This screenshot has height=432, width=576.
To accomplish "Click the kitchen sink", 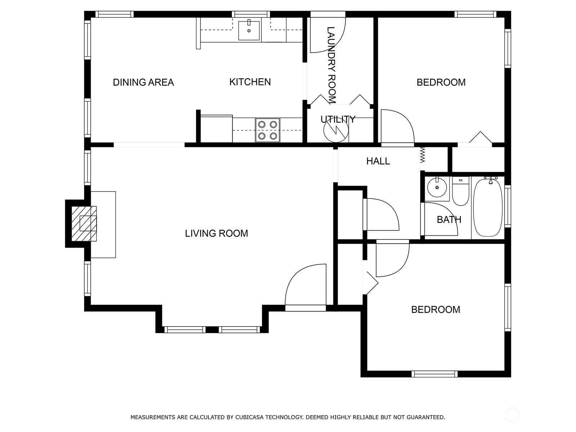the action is point(249,31).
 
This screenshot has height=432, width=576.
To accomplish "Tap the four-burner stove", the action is point(267,130).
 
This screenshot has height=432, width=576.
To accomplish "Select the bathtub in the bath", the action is point(488,207).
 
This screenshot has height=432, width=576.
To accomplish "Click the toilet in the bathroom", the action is point(460,191).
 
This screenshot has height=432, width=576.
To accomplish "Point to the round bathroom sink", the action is point(437,188).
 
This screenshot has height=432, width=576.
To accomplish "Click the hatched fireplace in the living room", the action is point(84,224).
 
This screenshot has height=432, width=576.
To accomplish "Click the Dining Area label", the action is point(143,82).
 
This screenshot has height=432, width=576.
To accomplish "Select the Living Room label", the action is point(216,233).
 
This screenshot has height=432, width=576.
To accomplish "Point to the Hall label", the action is point(378,161).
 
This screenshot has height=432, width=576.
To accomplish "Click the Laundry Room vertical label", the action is point(331,65).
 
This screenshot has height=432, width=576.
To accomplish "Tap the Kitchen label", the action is point(250,82).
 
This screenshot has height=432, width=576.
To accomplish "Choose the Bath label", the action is point(449,220).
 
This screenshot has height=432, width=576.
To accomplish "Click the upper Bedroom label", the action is point(441,82).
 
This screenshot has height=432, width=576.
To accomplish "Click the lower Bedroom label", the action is point(435,310).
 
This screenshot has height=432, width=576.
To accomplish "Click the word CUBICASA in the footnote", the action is point(250,417).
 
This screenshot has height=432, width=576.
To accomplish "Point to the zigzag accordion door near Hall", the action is point(423,155).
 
